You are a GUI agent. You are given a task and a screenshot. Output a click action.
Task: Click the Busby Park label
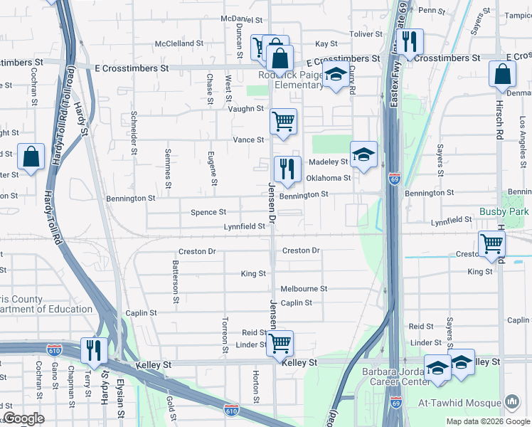point(504,211)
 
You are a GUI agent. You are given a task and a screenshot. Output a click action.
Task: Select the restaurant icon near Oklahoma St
point(287,170)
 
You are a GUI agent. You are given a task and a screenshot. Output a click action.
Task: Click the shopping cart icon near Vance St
point(283,122)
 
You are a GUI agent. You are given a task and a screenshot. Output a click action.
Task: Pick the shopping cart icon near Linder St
point(280,343)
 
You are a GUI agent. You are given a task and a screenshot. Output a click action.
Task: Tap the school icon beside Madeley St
point(363,155)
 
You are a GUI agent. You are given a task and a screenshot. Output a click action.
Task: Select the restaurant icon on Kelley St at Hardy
point(93,350)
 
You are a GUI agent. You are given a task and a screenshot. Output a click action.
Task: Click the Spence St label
point(208,212)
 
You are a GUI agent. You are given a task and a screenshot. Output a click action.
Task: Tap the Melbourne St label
point(304,289)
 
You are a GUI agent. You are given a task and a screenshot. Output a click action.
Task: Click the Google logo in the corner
point(24,418)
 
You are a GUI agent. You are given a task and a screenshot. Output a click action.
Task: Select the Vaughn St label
point(245,109)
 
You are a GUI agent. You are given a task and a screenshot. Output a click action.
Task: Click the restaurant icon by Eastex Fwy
point(409,42)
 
